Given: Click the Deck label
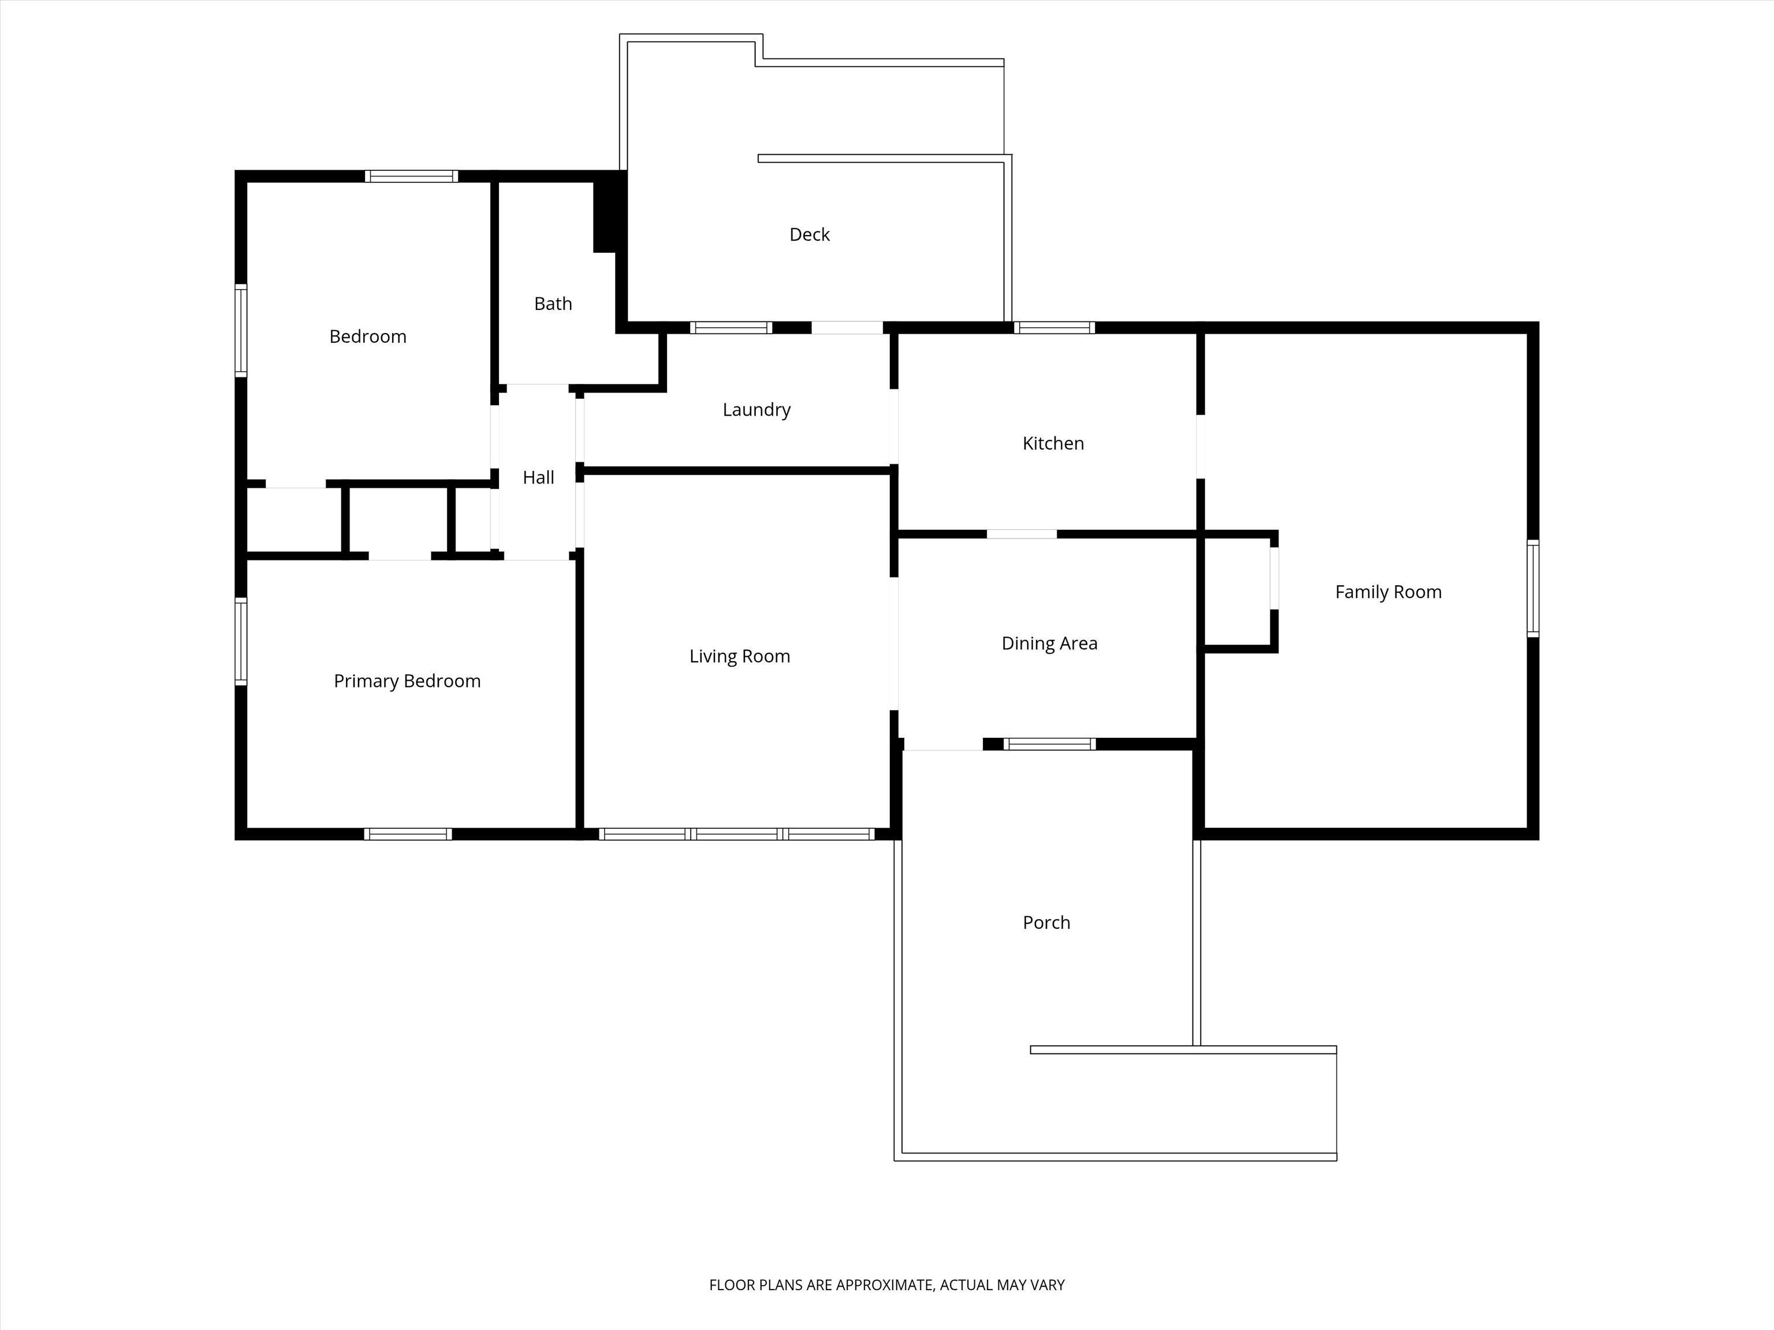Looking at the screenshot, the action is coord(809,234).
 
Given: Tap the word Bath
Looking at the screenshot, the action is coord(553,304).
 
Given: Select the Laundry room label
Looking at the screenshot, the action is coord(756,410).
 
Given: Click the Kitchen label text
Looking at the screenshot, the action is coord(1053,443).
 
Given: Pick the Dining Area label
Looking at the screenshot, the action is coord(1049,643).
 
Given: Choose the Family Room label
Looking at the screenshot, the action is coord(1388,592).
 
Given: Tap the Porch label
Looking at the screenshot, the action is coord(1046,922).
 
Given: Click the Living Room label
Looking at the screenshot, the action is coord(739,656).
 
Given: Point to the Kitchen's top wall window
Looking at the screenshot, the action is coord(1054,327).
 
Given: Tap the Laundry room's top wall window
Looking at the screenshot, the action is coord(731,327).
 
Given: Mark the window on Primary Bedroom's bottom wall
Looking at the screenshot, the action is coord(408,834).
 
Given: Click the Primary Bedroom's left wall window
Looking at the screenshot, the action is coord(241,641).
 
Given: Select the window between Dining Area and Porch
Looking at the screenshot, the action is coord(1049,744).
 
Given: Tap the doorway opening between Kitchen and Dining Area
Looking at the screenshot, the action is coord(1022,534).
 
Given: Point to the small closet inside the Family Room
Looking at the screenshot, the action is coord(1238,591).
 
